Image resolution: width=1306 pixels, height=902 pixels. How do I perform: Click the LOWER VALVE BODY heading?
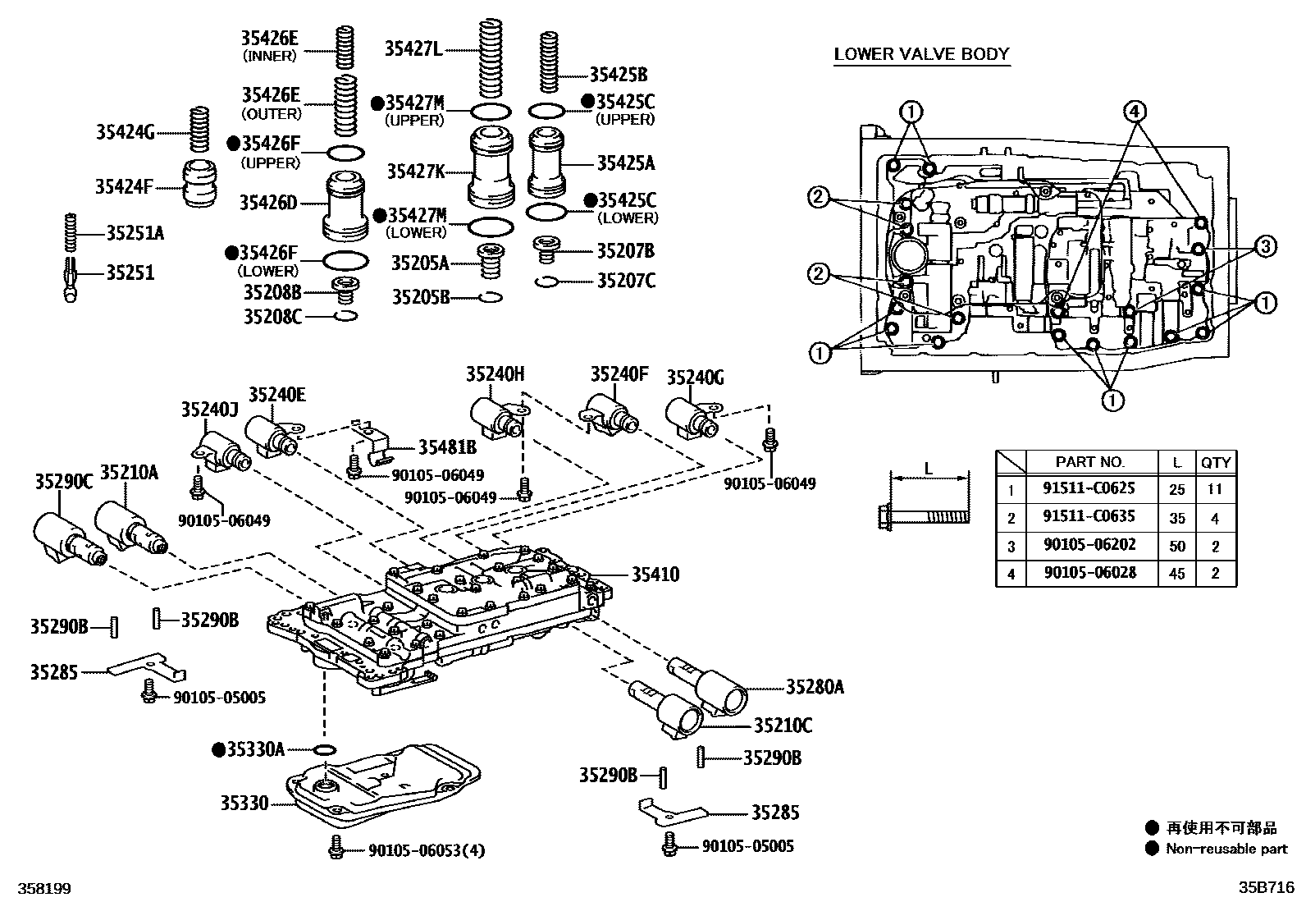[x=921, y=54]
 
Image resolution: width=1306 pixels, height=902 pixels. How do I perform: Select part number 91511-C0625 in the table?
[x=1089, y=488]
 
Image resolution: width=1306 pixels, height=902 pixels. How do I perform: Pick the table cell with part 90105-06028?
[x=1089, y=572]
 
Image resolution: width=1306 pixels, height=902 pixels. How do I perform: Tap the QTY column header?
[x=1215, y=462]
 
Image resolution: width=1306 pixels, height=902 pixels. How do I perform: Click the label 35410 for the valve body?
[x=655, y=575]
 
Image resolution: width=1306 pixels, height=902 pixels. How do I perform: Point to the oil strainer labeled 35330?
[x=381, y=788]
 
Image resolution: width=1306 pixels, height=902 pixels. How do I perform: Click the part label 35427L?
[x=413, y=49]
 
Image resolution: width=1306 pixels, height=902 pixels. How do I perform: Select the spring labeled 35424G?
[x=197, y=129]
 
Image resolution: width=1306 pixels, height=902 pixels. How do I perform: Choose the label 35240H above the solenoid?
[x=495, y=374]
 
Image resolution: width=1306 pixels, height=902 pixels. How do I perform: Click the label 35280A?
[x=814, y=687]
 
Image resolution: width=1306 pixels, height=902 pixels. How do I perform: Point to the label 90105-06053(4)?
[x=426, y=850]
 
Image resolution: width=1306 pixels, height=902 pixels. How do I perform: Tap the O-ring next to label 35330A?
[x=325, y=749]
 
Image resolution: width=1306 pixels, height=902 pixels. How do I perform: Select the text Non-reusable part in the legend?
[x=1226, y=849]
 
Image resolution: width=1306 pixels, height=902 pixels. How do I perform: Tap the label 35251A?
[x=135, y=233]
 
